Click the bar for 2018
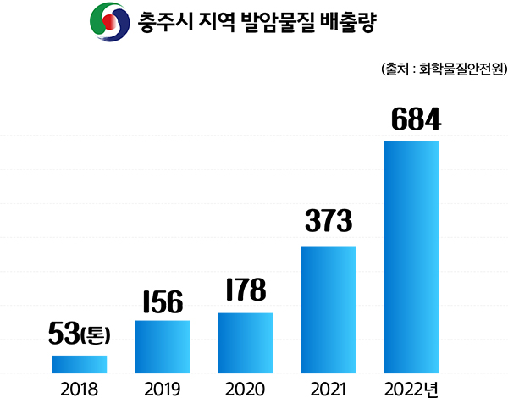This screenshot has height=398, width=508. [79, 363]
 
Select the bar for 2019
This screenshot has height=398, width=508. [162, 346]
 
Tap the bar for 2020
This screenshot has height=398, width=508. [246, 342]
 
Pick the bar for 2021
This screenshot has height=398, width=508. [329, 309]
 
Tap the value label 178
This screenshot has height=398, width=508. [246, 290]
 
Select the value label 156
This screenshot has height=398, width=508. [162, 301]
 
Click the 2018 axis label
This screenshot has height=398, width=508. [79, 388]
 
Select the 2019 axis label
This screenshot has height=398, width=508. [162, 388]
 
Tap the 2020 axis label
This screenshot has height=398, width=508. [246, 388]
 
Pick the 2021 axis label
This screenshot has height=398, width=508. [329, 388]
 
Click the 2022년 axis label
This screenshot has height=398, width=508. [411, 388]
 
